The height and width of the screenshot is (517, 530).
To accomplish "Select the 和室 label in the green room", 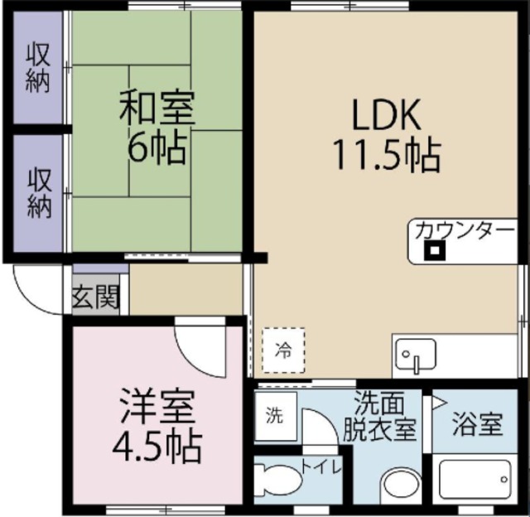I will click(157, 110).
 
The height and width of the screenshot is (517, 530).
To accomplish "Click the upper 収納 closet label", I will click(37, 67).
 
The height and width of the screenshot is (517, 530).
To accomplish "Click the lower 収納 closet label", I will click(37, 192).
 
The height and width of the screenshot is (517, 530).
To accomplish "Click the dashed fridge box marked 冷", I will click(284, 350).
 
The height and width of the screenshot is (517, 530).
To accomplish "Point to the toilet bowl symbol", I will click(278, 479).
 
